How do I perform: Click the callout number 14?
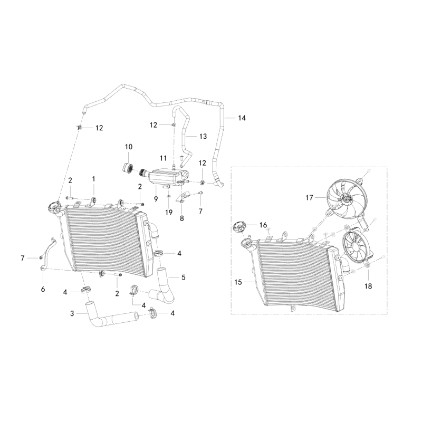pos(242,118)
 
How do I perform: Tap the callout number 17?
pos(309,197)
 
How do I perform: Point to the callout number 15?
pos(237,282)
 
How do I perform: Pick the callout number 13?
pos(203,136)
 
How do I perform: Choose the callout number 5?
pos(184,277)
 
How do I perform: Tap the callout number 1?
pos(94,179)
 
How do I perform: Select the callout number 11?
pos(164,158)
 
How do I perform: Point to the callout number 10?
pos(129,146)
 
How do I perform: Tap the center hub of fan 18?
pos(354,249)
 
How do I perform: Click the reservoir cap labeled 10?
pos(126,167)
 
